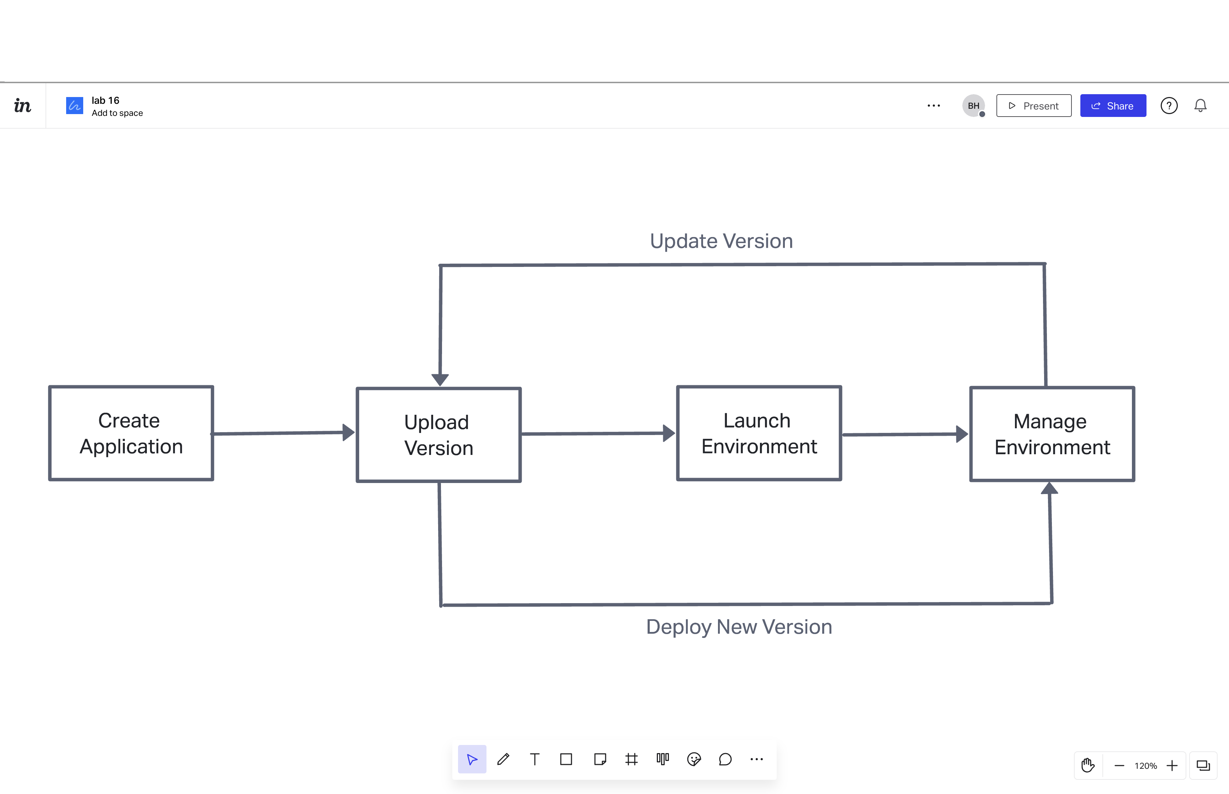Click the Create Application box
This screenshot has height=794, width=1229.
point(131,433)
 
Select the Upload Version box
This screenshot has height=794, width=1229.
point(438,435)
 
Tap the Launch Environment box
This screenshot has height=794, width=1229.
point(759,433)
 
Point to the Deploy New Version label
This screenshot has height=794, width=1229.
point(739,627)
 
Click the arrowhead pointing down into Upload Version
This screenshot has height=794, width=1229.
point(440,380)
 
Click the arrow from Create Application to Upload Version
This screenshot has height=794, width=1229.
point(278,433)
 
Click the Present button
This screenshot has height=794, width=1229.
point(1033,106)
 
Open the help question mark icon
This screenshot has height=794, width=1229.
point(1169,106)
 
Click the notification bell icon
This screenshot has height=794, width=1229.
point(1200,106)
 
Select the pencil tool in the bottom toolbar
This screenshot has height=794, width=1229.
point(503,759)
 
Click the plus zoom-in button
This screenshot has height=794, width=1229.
point(1172,766)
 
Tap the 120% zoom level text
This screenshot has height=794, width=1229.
point(1145,766)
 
